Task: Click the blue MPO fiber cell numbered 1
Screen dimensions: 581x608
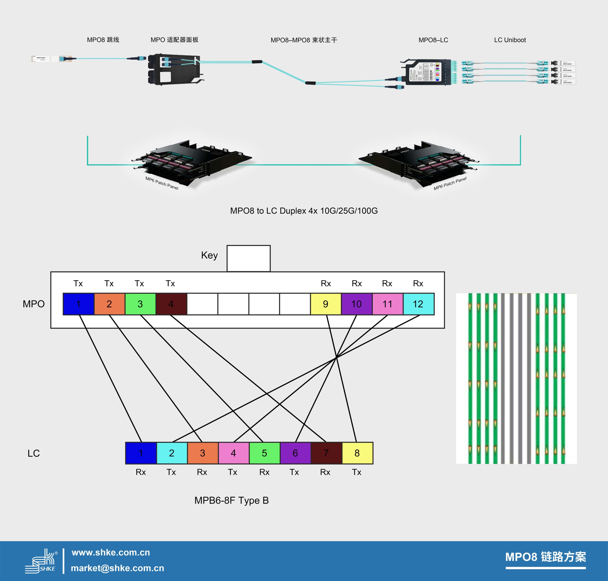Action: (x=78, y=304)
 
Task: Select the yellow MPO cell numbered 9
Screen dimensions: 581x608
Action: (x=326, y=304)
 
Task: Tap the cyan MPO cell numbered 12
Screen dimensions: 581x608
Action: (x=418, y=304)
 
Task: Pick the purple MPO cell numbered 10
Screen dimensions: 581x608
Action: (x=356, y=304)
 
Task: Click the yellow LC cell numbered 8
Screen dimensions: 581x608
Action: (x=357, y=453)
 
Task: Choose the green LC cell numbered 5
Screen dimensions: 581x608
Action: (x=265, y=453)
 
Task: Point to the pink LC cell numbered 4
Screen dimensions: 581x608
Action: (x=233, y=453)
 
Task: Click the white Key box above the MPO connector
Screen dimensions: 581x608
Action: (x=248, y=258)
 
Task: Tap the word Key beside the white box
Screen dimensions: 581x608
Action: (x=209, y=255)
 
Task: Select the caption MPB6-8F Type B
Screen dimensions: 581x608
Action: (x=231, y=501)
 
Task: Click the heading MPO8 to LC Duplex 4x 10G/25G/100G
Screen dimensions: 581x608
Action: (x=304, y=211)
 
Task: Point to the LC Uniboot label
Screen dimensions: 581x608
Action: (x=510, y=40)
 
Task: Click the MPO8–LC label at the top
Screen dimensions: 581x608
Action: (x=433, y=40)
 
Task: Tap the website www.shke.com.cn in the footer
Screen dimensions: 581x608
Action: (x=111, y=553)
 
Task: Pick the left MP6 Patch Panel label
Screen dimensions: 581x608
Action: (x=162, y=183)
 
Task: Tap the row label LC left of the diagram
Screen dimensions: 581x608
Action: (x=33, y=453)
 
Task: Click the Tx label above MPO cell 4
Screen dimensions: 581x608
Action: (x=170, y=283)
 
